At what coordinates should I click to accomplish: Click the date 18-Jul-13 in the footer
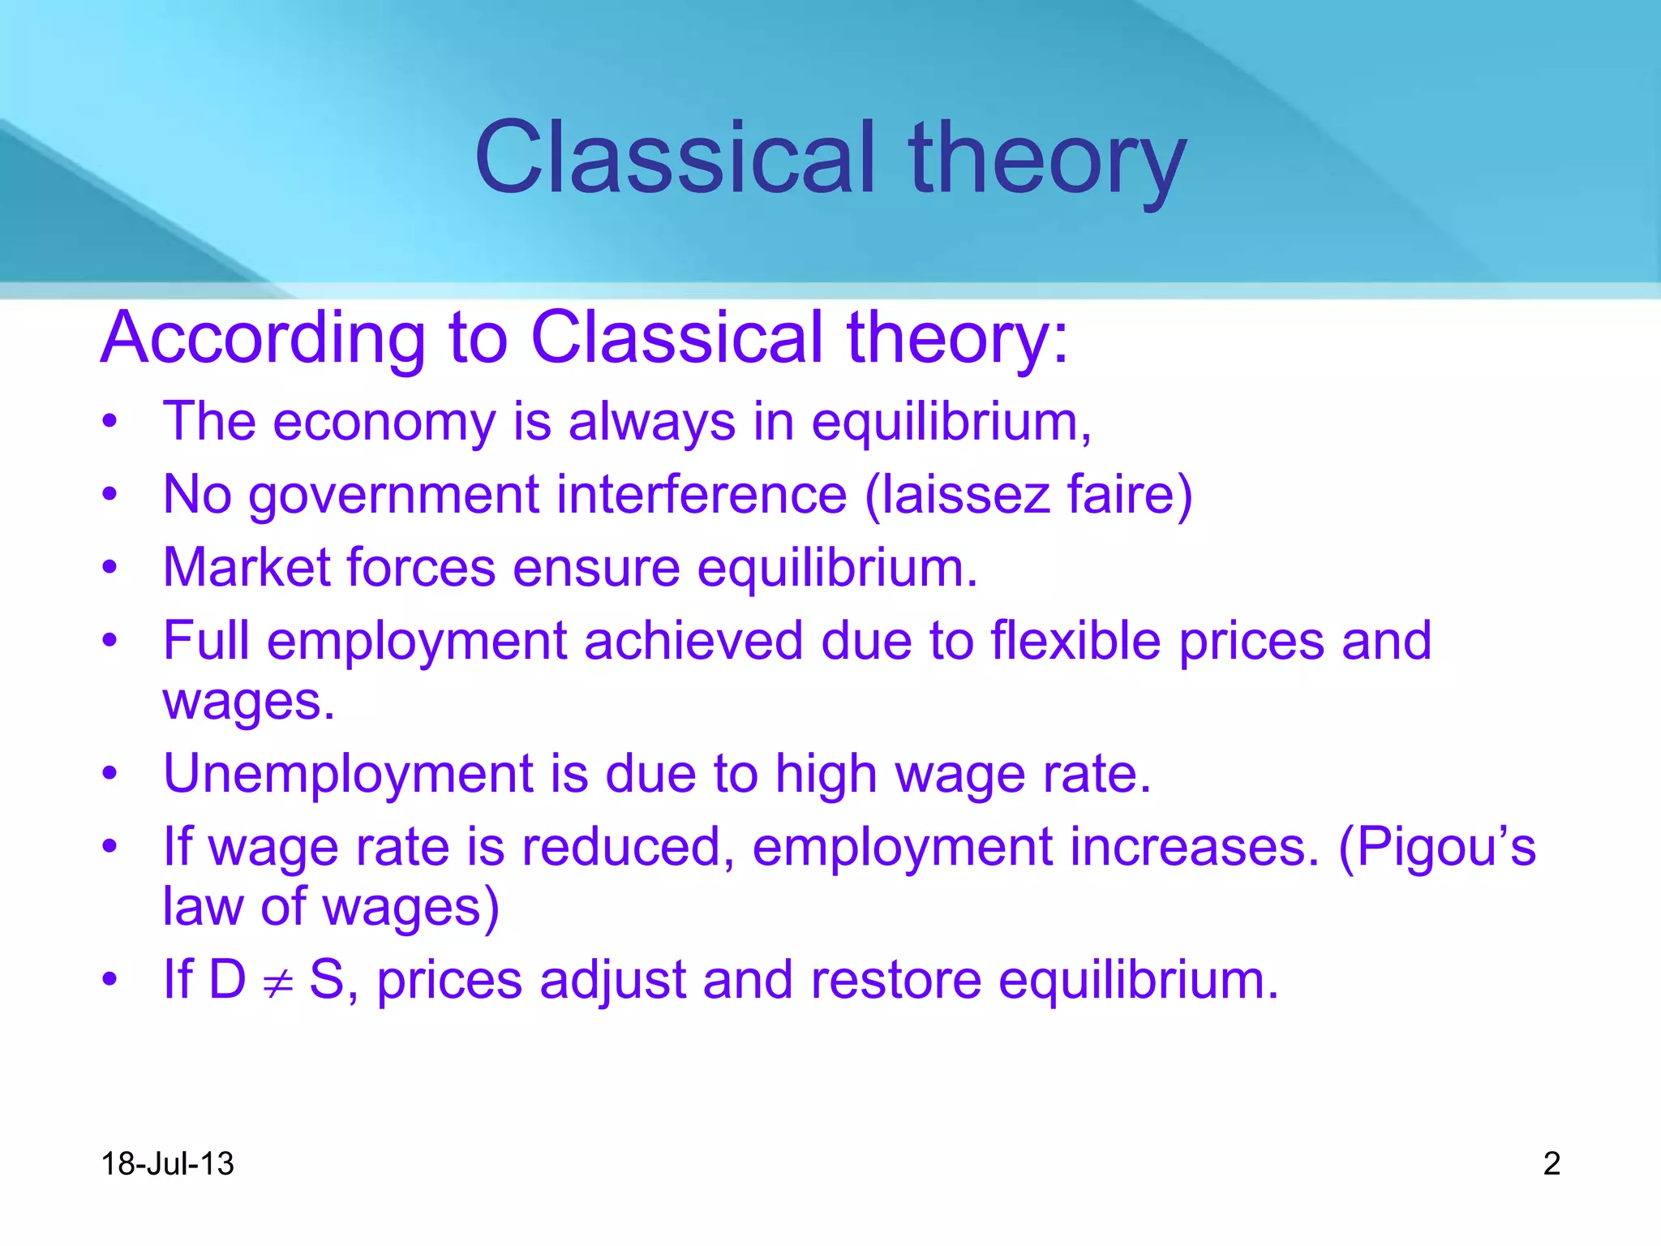(167, 1164)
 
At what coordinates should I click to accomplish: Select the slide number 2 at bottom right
(1552, 1164)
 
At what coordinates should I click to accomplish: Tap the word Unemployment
(348, 775)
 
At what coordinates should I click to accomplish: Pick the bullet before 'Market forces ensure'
(110, 568)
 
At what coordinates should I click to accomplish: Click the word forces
(421, 567)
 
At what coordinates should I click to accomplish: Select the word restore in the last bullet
(895, 980)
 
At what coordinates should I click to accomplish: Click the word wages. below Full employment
(248, 702)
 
